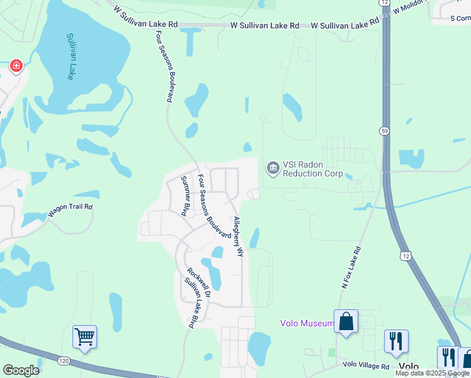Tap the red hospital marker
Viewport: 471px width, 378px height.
(x=16, y=66)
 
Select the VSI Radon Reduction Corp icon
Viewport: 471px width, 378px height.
(x=273, y=168)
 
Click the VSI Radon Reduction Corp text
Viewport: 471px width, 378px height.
(x=312, y=169)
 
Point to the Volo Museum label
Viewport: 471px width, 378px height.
(x=307, y=324)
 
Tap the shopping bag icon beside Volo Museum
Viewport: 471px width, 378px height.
(x=346, y=321)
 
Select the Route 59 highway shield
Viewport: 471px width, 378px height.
(x=384, y=130)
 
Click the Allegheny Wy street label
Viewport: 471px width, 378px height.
(x=238, y=236)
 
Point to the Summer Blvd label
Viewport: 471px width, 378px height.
(x=186, y=196)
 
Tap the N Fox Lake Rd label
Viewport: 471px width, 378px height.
(x=351, y=267)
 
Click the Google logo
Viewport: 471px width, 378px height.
(x=21, y=370)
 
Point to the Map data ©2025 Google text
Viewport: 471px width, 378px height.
(x=432, y=373)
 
